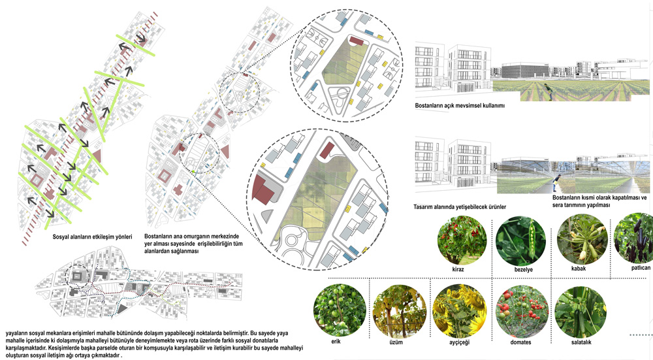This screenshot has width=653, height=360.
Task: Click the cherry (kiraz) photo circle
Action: (462, 240)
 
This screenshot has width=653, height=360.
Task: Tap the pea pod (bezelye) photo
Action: (520, 240)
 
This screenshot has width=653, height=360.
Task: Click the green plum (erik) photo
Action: (340, 311)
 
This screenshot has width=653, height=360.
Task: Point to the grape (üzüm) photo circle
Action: (400, 311)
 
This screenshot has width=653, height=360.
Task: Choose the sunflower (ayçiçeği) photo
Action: (460, 311)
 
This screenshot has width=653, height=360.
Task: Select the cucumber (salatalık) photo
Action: (581, 312)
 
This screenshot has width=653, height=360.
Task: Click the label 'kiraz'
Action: (458, 269)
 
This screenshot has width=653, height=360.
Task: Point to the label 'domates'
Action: (520, 342)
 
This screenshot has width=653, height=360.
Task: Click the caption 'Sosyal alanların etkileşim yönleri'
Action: (92, 237)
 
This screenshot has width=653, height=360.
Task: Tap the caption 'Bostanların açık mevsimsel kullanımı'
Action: (460, 106)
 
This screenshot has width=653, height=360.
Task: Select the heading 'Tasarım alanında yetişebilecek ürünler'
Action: (460, 206)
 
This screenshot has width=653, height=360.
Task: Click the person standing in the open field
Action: (548, 91)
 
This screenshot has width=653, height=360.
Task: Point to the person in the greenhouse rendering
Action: (556, 184)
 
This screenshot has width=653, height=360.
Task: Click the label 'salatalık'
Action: (581, 342)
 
